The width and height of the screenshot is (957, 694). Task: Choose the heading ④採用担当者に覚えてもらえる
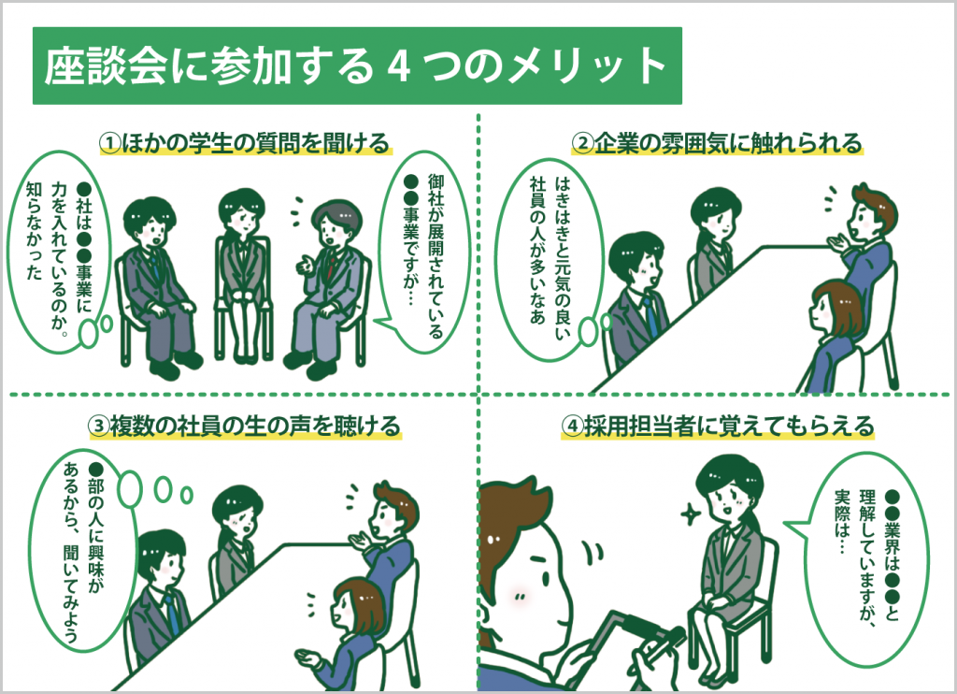click(x=717, y=426)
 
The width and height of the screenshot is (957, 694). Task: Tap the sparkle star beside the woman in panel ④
click(x=692, y=513)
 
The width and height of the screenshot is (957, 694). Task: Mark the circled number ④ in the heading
click(x=571, y=427)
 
